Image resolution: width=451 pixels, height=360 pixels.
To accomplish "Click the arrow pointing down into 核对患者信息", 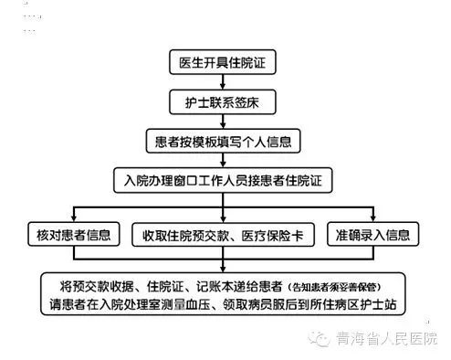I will click(75, 212).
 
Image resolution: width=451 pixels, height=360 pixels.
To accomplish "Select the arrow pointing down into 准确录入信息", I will click(373, 212).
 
